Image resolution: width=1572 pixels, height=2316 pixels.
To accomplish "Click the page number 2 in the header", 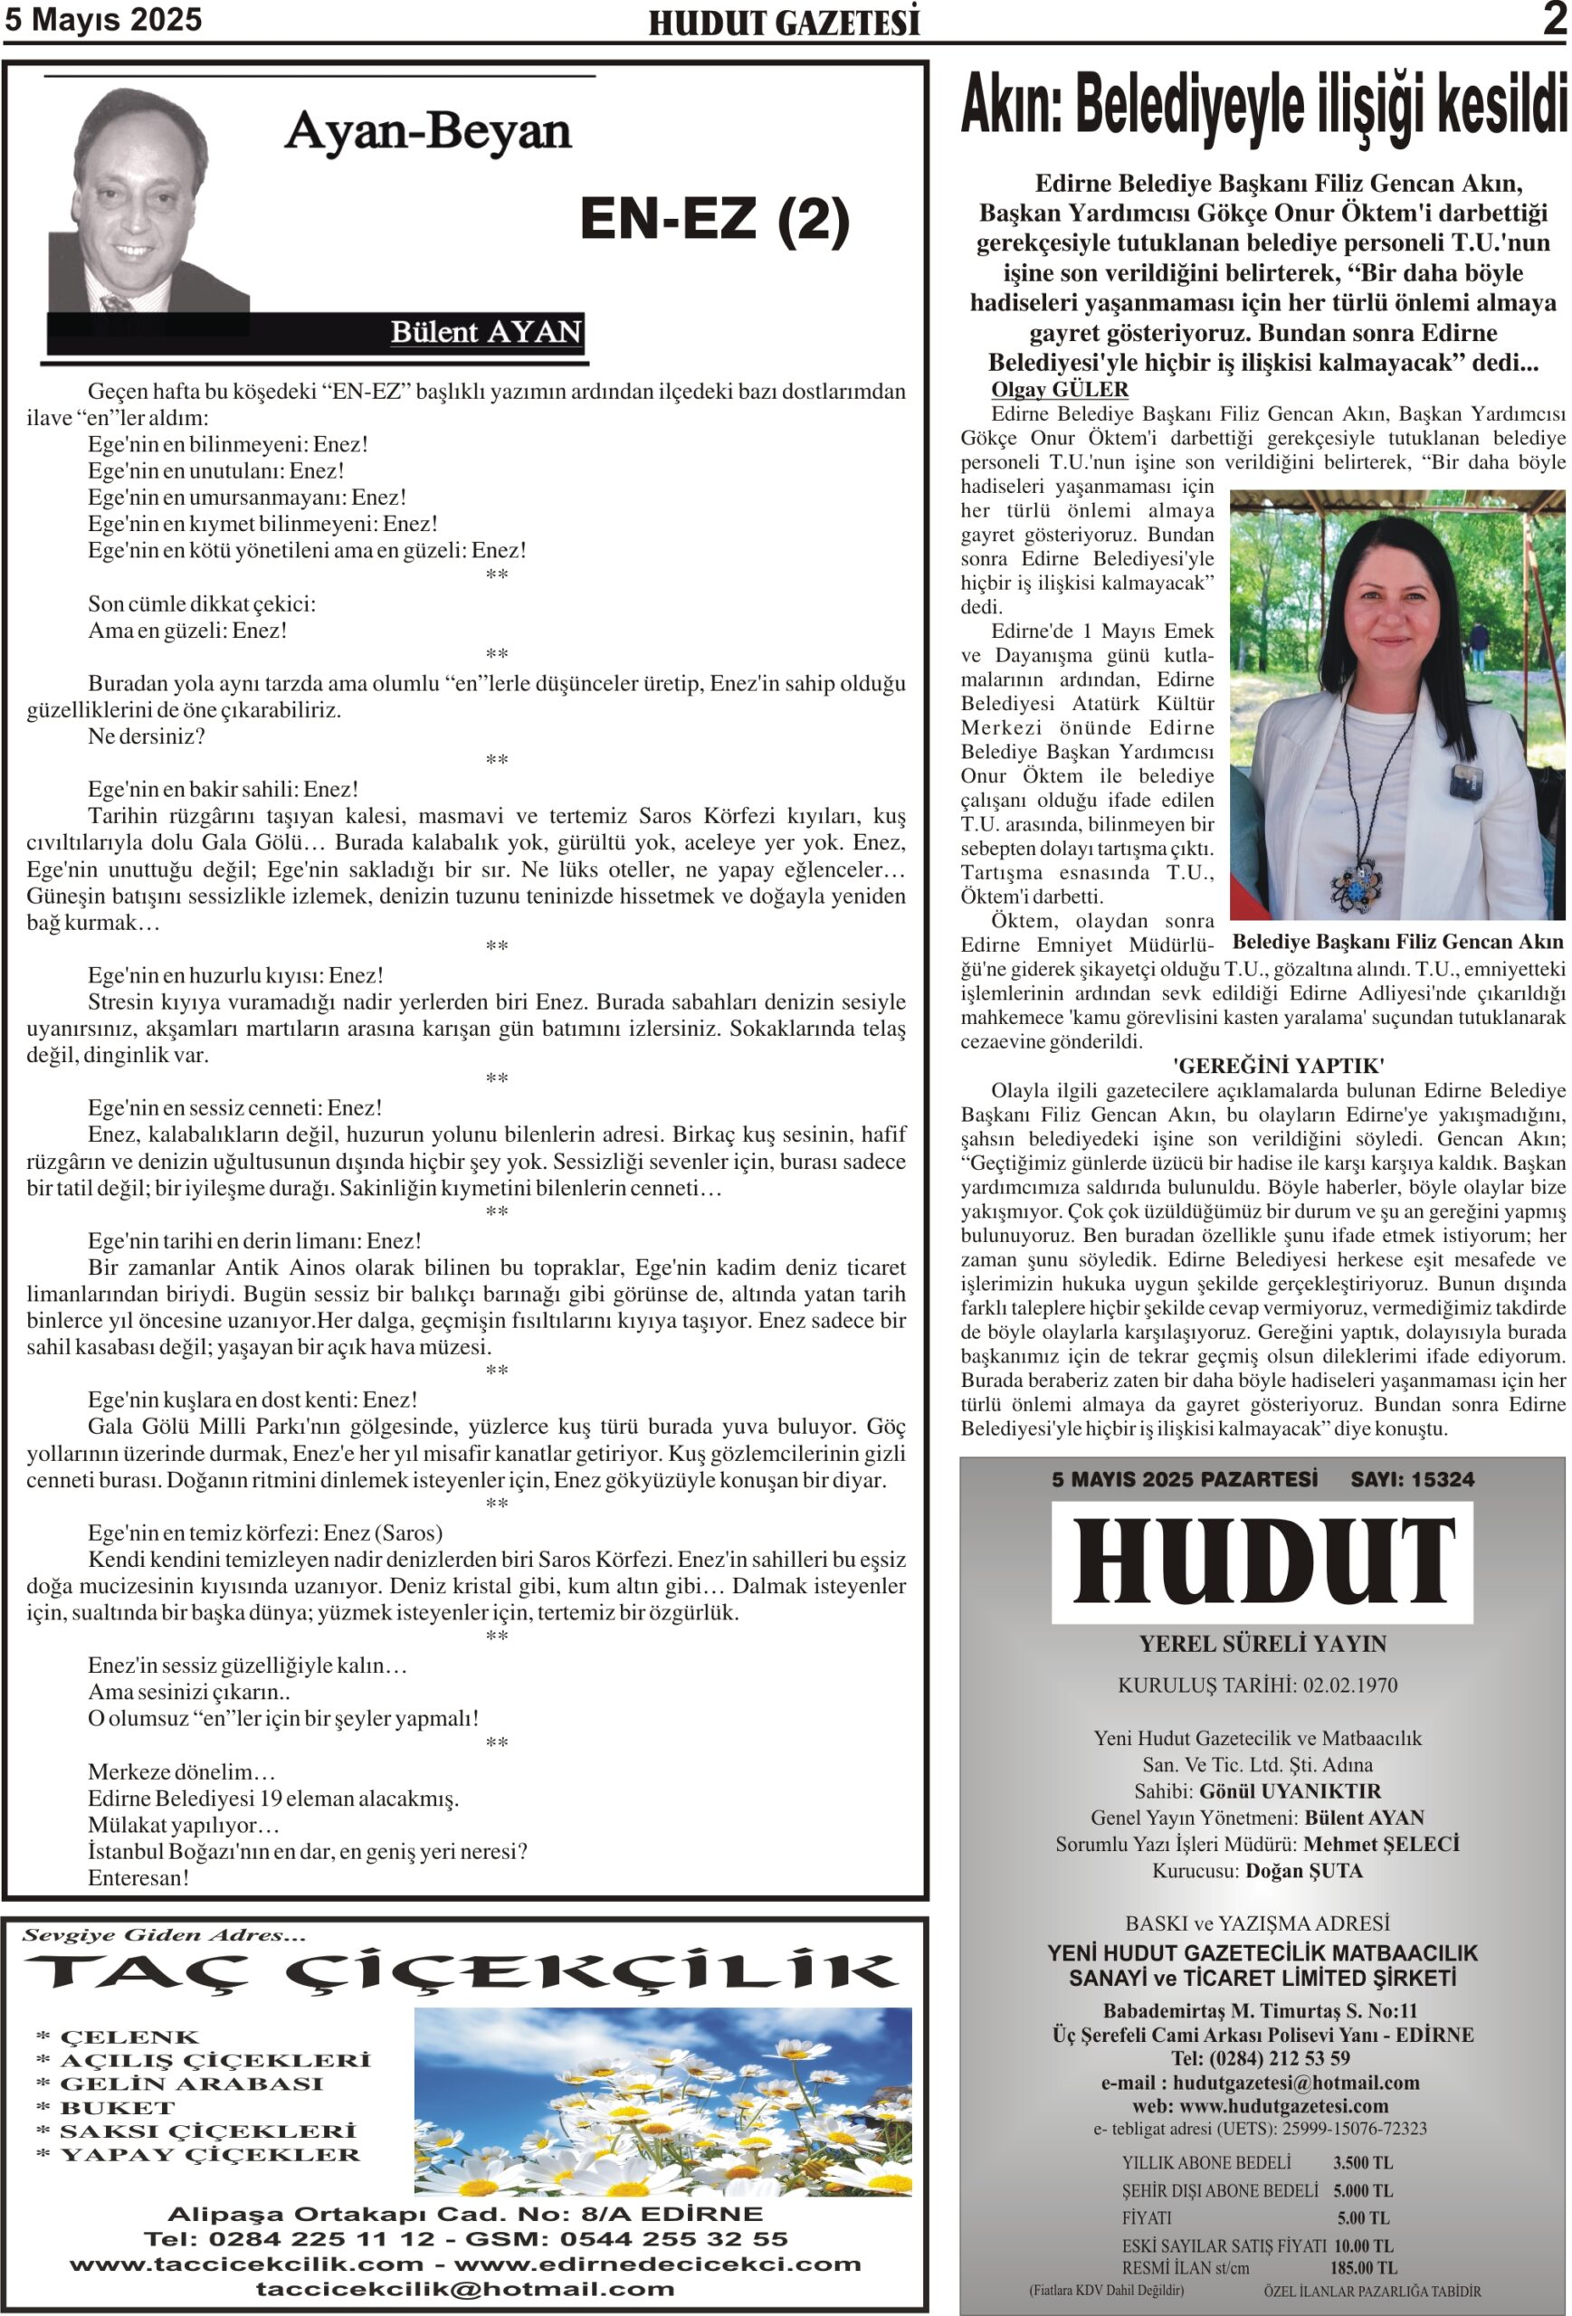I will (1553, 19).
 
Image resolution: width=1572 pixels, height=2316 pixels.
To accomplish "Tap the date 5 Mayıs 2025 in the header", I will (104, 20).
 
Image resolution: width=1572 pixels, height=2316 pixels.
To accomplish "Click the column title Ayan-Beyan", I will (428, 130).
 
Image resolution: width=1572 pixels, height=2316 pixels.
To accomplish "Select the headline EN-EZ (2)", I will (714, 218).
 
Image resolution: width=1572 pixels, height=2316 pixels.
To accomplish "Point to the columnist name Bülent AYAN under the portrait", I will (485, 332).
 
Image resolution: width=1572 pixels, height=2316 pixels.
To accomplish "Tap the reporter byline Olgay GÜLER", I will (1059, 390).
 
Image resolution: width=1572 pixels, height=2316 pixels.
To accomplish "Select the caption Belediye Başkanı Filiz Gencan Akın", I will (1397, 942).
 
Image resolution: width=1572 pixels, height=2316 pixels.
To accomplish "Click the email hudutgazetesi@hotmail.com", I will (1296, 2082).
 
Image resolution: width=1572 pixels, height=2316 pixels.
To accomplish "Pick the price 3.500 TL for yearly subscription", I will (1363, 2162).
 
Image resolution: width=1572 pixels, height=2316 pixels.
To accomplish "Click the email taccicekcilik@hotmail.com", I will (464, 2289).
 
